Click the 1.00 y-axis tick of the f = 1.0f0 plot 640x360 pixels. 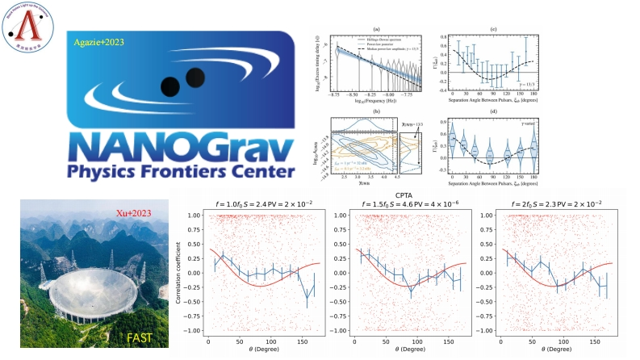pyautogui.click(x=197, y=216)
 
